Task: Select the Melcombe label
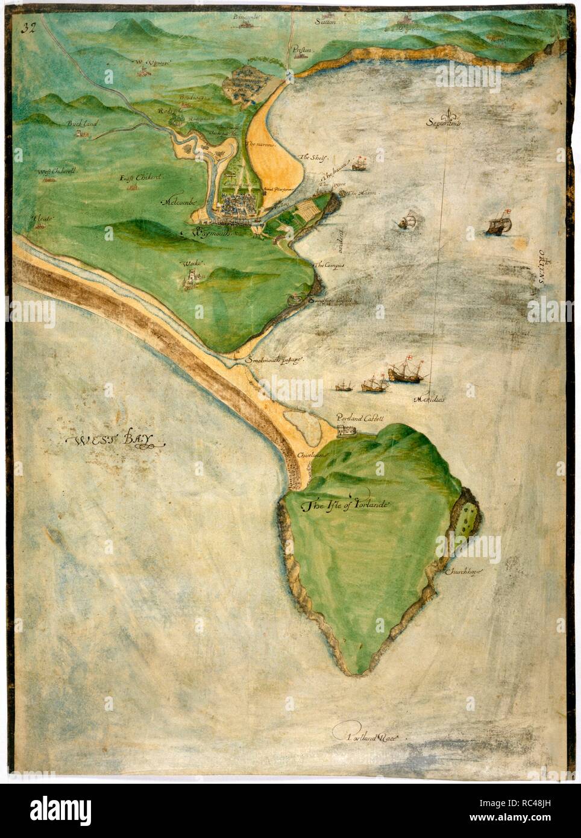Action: (x=179, y=203)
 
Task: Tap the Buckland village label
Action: (x=83, y=124)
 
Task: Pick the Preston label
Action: (x=301, y=51)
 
